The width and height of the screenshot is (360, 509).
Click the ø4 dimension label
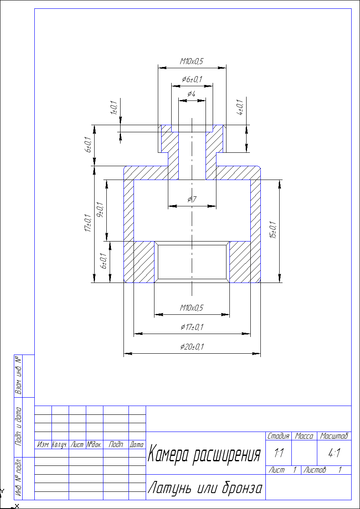coord(191,94)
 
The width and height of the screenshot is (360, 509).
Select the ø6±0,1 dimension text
coord(192,79)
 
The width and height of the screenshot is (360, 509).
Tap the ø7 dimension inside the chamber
coord(192,199)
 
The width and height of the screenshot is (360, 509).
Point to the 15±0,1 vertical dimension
coord(273,230)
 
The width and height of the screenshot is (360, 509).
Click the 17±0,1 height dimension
coord(87,223)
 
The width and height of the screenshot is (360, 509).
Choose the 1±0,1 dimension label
coord(113,108)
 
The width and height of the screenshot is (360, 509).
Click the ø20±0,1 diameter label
coord(192,347)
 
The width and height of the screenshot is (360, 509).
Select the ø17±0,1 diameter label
coord(192,327)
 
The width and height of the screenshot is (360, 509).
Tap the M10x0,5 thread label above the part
coord(191,61)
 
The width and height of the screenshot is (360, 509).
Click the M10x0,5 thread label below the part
coord(191,308)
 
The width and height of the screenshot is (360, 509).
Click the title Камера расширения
coord(204,453)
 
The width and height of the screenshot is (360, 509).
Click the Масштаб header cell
coord(334,436)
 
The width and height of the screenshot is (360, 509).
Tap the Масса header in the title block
coord(304,436)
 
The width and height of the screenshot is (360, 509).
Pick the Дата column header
coord(137,445)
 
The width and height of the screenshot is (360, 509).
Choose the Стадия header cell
coord(278,436)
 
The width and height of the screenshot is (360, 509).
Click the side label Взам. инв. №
coord(18,375)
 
